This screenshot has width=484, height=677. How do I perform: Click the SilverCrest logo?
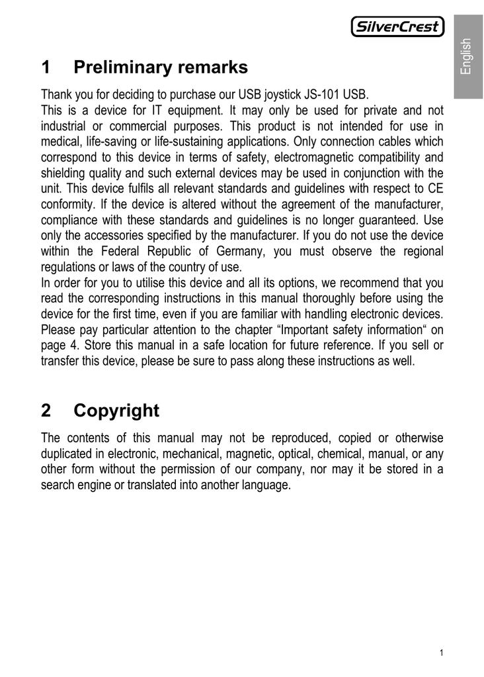[397, 27]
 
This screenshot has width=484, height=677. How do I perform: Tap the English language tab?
[467, 57]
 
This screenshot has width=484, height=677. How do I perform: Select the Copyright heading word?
[116, 411]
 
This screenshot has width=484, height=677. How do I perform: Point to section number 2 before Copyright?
[46, 411]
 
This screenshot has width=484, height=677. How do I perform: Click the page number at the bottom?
[441, 654]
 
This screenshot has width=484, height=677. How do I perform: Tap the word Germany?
[237, 251]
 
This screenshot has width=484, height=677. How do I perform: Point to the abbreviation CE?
[435, 188]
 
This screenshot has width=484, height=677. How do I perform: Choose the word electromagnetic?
[309, 157]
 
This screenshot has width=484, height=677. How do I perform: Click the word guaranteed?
[382, 219]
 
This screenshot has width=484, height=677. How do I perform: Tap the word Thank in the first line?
[56, 94]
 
